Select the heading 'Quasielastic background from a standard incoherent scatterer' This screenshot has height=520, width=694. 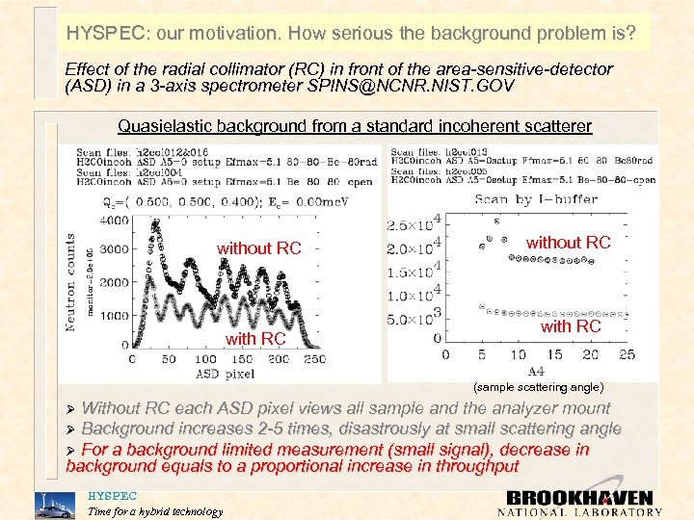(x=355, y=126)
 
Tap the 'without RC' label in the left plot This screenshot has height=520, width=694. (x=258, y=248)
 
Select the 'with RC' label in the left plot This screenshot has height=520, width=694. (x=254, y=338)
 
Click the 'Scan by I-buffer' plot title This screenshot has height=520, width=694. (x=537, y=198)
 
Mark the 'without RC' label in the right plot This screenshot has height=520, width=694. (x=568, y=243)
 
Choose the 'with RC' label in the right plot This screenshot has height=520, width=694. (x=571, y=326)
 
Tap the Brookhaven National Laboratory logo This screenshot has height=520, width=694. (x=580, y=503)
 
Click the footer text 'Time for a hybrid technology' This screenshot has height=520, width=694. (x=154, y=511)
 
